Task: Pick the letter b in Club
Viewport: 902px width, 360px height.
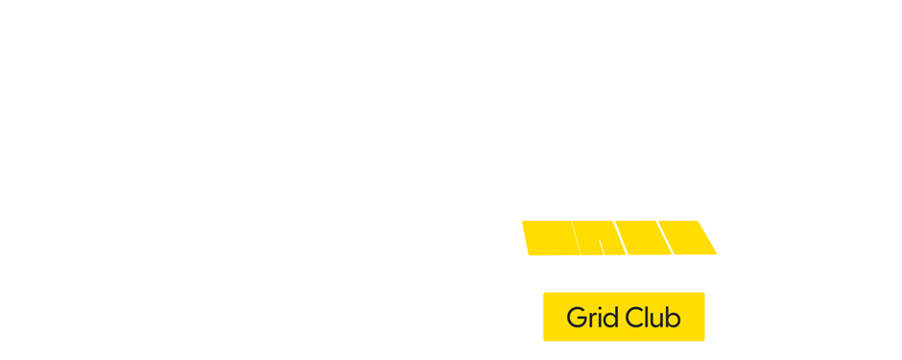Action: [x=674, y=317]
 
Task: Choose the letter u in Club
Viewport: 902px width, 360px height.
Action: [x=658, y=319]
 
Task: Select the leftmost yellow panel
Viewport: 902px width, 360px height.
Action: [x=548, y=238]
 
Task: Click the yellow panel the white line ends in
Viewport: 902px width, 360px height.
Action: [x=596, y=238]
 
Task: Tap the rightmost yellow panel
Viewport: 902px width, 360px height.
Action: [x=691, y=238]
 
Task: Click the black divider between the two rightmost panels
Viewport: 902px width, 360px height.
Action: [x=667, y=238]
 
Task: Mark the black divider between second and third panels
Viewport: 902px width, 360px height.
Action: [x=620, y=238]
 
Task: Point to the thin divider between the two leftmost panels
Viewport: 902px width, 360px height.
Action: [x=573, y=238]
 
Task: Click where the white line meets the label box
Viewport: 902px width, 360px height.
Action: [x=616, y=292]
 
